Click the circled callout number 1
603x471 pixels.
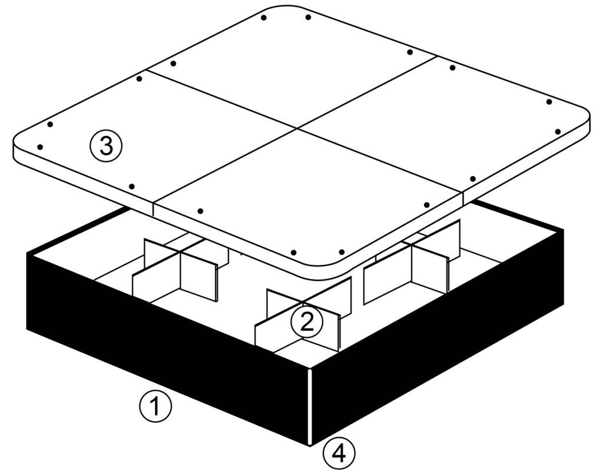pos(155,407)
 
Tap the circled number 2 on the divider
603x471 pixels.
pos(306,323)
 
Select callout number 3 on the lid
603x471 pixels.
pos(106,146)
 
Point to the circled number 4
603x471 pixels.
pos(339,455)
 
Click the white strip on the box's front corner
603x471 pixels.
pos(310,407)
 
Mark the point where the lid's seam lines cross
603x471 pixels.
pos(297,128)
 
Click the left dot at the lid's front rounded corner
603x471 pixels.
pos(294,253)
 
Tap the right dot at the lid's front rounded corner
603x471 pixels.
pos(342,252)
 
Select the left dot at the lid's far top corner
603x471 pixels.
pos(263,18)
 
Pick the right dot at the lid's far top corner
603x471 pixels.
pos(308,17)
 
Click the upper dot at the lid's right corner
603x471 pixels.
pos(549,102)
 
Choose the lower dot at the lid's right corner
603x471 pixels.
pos(558,132)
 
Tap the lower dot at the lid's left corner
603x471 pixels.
pos(40,147)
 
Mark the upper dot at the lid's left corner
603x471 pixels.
pos(50,125)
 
